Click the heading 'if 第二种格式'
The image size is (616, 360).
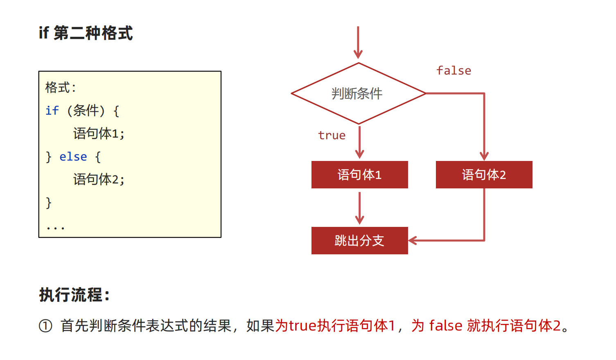(x=86, y=33)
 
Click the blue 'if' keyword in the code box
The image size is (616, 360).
(x=52, y=111)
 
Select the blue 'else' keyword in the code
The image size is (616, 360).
(x=73, y=156)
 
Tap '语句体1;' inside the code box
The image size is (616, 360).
(x=99, y=134)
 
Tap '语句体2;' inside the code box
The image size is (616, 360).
(x=99, y=179)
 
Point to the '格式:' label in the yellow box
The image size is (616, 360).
(x=61, y=88)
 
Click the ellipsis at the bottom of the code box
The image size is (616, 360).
(x=55, y=228)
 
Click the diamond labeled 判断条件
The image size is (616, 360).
(x=358, y=93)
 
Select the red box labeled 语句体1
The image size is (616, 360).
(x=359, y=175)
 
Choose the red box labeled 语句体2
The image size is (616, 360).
(x=484, y=175)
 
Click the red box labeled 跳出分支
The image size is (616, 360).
(x=359, y=241)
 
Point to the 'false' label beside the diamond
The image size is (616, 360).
(x=454, y=71)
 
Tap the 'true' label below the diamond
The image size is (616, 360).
(x=332, y=136)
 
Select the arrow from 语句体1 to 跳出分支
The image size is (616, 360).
(x=359, y=208)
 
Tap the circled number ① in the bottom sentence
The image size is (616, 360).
(x=45, y=326)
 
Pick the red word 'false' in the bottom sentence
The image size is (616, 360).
(x=446, y=326)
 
